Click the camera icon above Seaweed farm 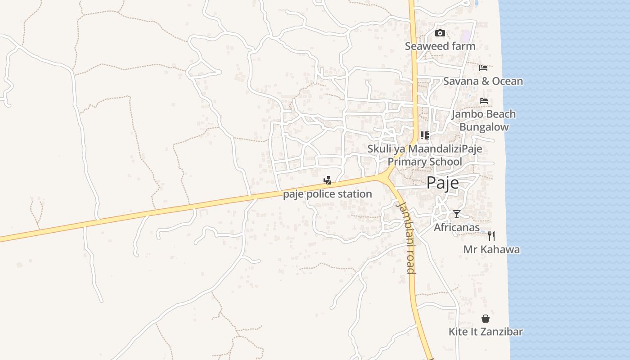[x=440, y=33]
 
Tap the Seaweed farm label [x=440, y=46]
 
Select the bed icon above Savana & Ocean [x=483, y=68]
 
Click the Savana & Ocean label [x=483, y=81]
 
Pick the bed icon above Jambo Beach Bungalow [x=484, y=101]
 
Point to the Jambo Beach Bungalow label [x=484, y=120]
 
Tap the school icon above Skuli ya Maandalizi [x=424, y=135]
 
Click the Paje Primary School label [x=425, y=162]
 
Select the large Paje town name [x=442, y=183]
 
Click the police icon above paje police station [x=328, y=180]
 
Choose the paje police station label [x=328, y=194]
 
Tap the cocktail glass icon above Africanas [x=457, y=214]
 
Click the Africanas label [x=456, y=228]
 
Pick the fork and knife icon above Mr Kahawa [x=491, y=236]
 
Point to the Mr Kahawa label [x=491, y=249]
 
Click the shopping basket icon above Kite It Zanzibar [x=486, y=319]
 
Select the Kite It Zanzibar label [x=486, y=332]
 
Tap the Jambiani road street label [x=406, y=237]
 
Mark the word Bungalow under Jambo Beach [x=484, y=127]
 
